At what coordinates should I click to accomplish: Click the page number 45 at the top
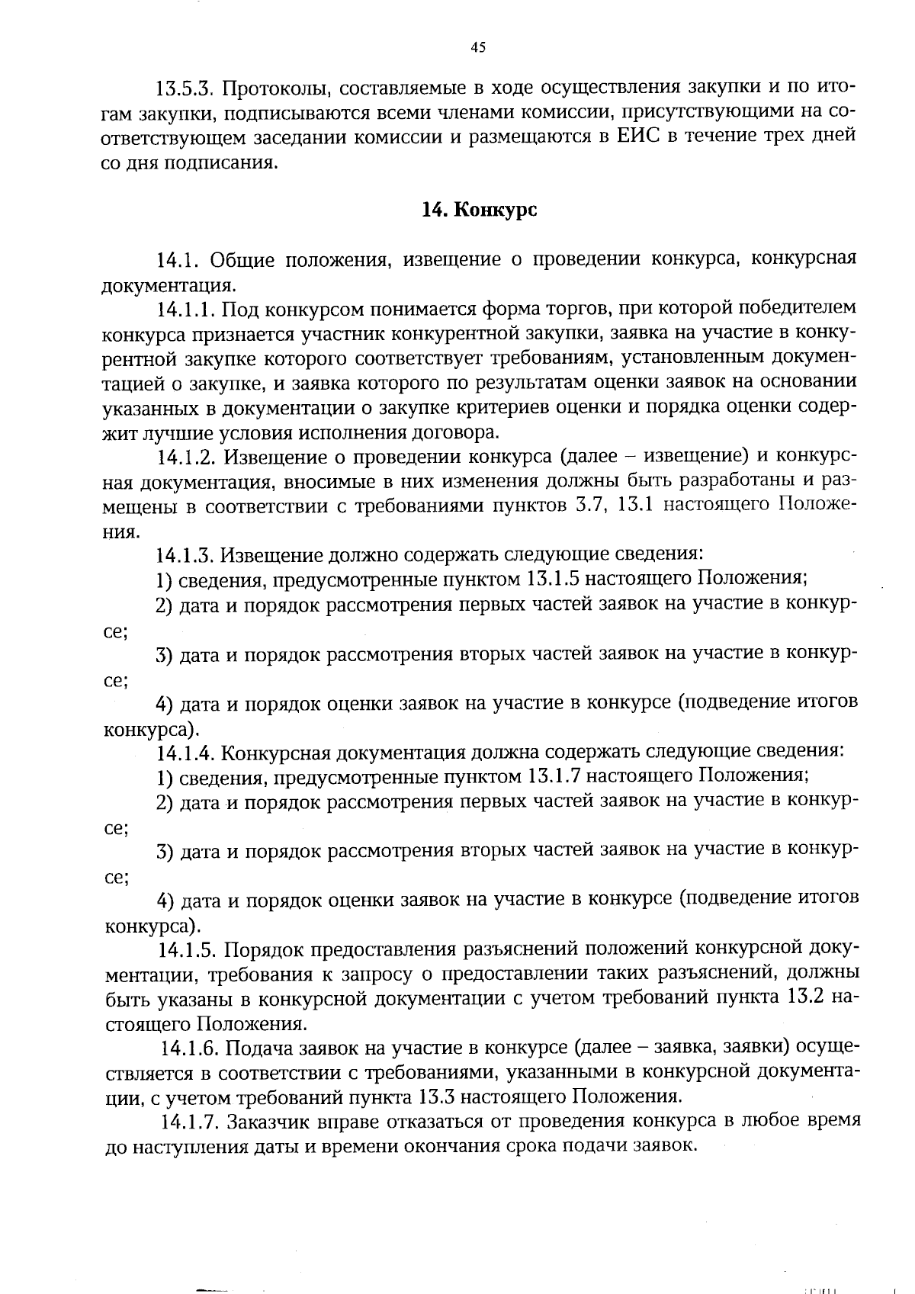click(x=478, y=48)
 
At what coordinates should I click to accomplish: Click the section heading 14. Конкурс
click(x=479, y=210)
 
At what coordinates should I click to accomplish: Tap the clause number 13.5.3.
click(x=186, y=87)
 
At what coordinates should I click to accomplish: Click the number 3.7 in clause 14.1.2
click(x=586, y=506)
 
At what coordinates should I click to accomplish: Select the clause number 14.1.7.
click(x=190, y=1122)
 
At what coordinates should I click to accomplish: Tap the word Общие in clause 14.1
click(x=242, y=260)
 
